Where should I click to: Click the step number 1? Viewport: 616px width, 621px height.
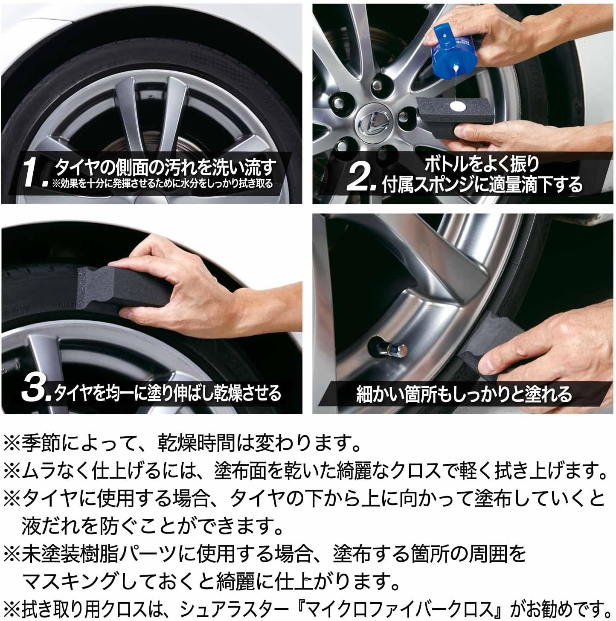(x=35, y=173)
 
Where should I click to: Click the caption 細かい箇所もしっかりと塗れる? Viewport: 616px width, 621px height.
(x=463, y=395)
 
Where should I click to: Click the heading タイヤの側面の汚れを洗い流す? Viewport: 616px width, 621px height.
(x=164, y=168)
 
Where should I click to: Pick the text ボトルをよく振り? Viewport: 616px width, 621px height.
(x=481, y=164)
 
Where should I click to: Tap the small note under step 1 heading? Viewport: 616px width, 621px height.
(x=162, y=184)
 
